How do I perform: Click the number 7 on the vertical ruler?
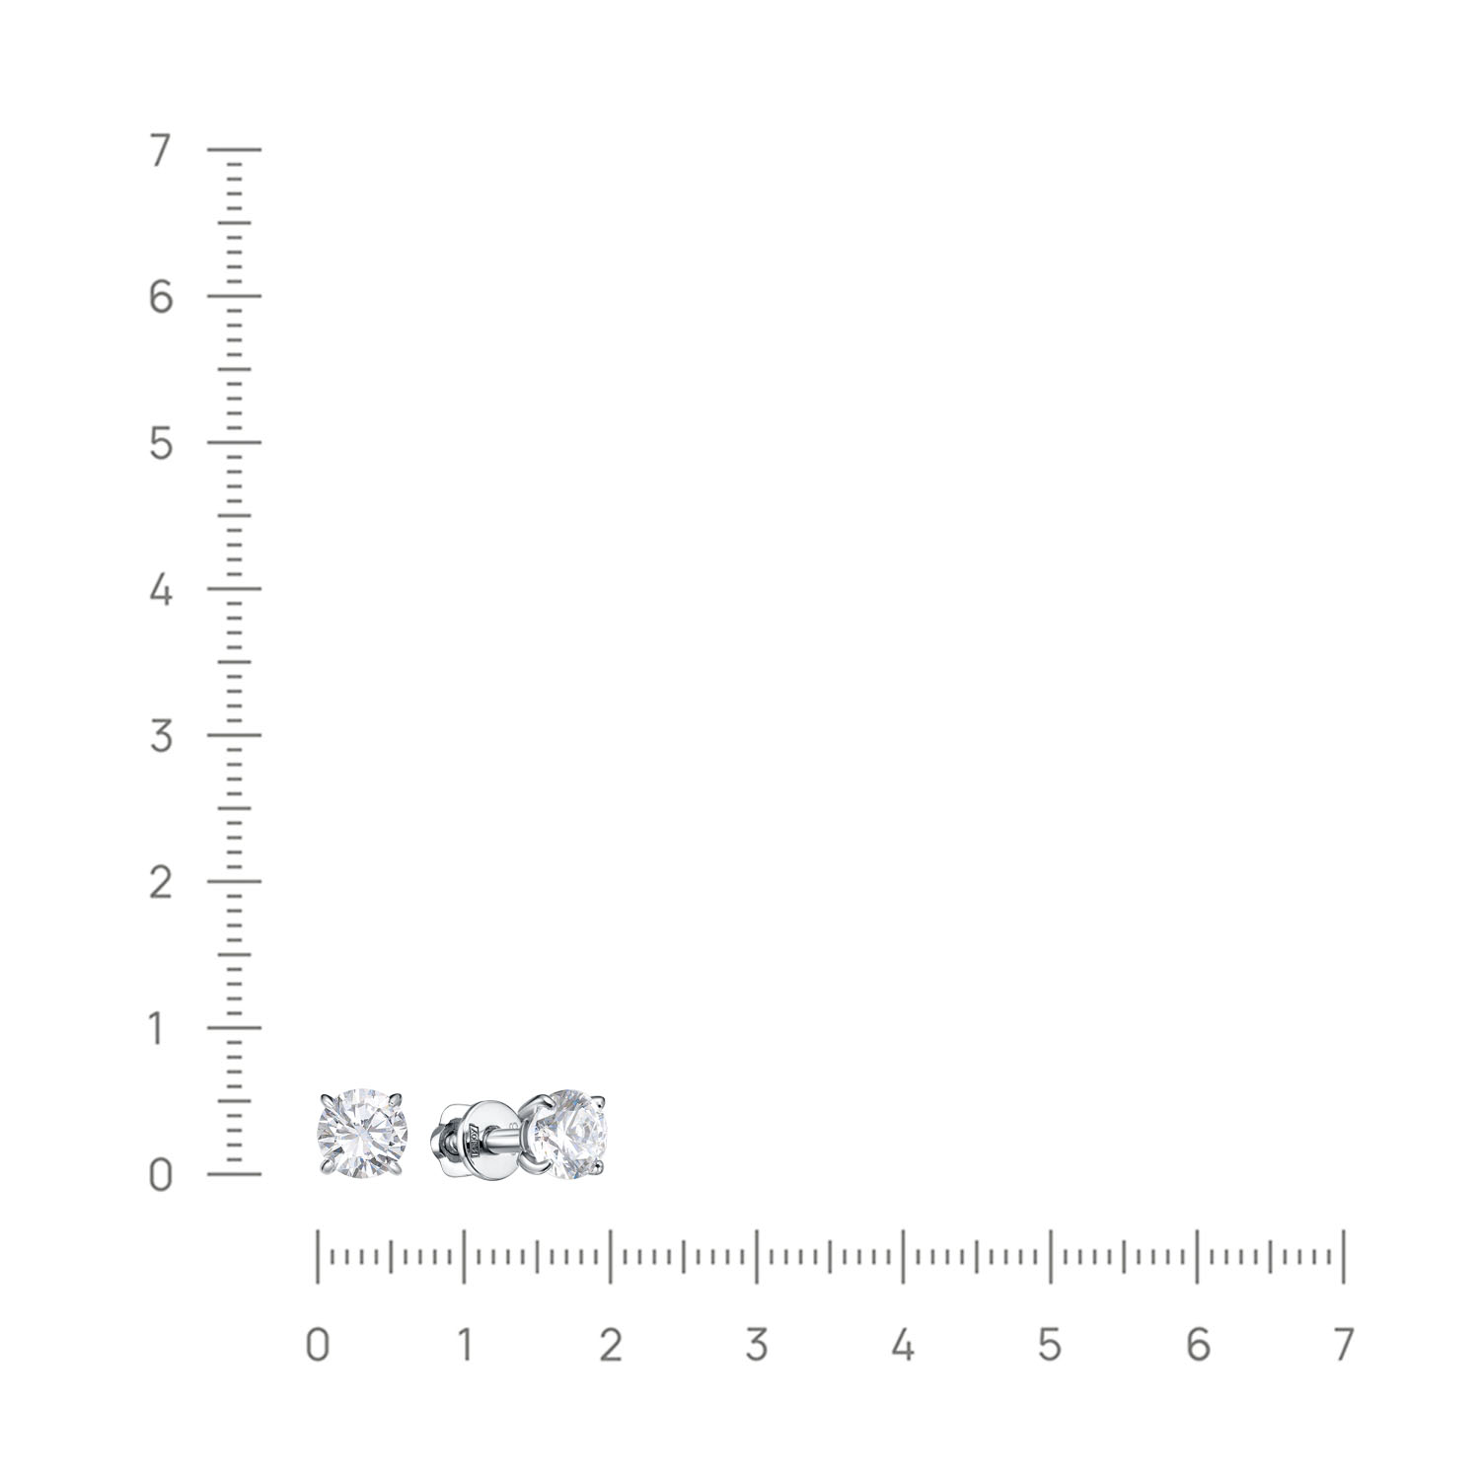[161, 151]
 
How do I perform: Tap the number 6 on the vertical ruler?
[161, 297]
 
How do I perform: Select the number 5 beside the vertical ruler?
[161, 444]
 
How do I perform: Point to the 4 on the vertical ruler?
[161, 590]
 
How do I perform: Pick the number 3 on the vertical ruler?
[161, 736]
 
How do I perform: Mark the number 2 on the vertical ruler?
[161, 882]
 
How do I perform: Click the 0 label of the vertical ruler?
[161, 1175]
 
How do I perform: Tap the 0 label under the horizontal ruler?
[317, 1345]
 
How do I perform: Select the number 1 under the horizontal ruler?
[464, 1345]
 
